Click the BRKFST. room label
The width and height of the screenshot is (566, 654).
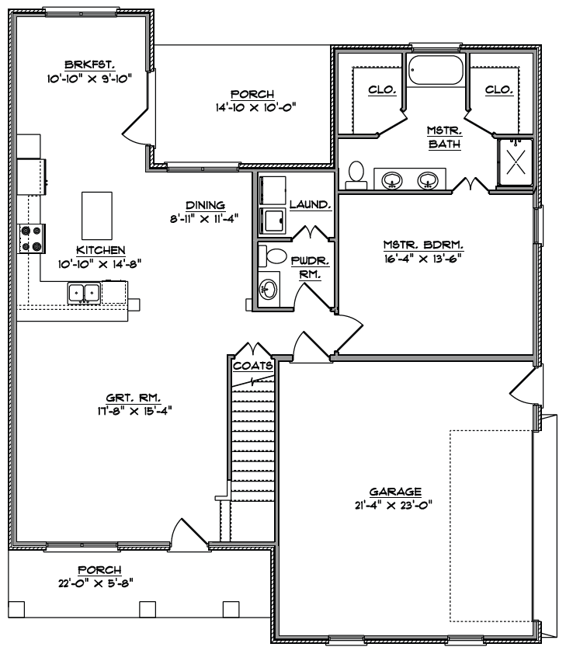pyautogui.click(x=89, y=64)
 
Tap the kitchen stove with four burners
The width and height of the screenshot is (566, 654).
pyautogui.click(x=31, y=238)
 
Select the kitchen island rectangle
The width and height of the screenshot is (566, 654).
pyautogui.click(x=97, y=216)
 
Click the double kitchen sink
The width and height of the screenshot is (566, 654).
pyautogui.click(x=84, y=293)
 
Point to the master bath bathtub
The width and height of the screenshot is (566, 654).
pyautogui.click(x=436, y=71)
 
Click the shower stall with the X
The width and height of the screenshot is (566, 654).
pyautogui.click(x=516, y=162)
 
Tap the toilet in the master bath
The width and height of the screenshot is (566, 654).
pyautogui.click(x=356, y=176)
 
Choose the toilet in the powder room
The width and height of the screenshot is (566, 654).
pyautogui.click(x=273, y=256)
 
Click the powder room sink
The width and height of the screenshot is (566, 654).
pyautogui.click(x=269, y=289)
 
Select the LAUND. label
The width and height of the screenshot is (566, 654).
pyautogui.click(x=311, y=204)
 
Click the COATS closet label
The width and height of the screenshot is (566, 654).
pyautogui.click(x=253, y=366)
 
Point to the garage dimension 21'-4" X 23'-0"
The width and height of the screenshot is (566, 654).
pyautogui.click(x=394, y=505)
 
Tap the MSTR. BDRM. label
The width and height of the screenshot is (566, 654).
pyautogui.click(x=423, y=245)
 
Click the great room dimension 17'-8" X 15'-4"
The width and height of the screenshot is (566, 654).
pyautogui.click(x=134, y=411)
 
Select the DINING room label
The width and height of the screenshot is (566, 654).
pyautogui.click(x=205, y=205)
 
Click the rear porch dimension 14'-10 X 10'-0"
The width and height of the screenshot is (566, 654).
pyautogui.click(x=255, y=108)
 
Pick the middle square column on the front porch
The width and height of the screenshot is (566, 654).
pyautogui.click(x=148, y=609)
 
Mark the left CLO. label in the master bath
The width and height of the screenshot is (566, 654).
pyautogui.click(x=382, y=89)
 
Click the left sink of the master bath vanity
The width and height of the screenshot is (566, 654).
pyautogui.click(x=392, y=181)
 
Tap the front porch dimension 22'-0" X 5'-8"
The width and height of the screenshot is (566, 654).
pyautogui.click(x=95, y=583)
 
